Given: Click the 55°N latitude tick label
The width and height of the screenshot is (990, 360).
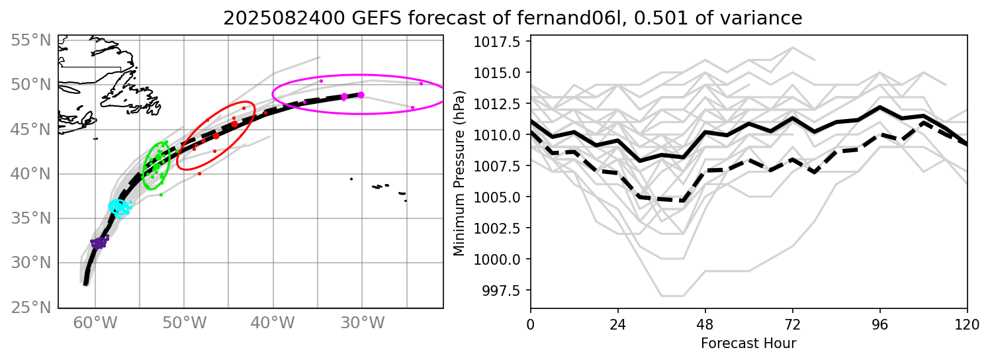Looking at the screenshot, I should [x=31, y=41].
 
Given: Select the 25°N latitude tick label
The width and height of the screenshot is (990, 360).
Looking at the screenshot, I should [x=31, y=308].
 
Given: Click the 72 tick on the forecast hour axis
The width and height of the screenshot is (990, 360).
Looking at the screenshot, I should [x=792, y=325].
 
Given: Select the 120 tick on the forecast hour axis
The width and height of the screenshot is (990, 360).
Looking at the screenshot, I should [x=967, y=325].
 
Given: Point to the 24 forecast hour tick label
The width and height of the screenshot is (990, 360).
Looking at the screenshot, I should [x=617, y=325].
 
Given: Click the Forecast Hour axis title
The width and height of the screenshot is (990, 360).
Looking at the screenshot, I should [x=748, y=343].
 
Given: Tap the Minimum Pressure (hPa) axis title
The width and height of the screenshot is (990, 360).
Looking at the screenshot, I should [x=459, y=172].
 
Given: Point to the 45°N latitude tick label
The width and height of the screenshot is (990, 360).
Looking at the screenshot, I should [x=31, y=130].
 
